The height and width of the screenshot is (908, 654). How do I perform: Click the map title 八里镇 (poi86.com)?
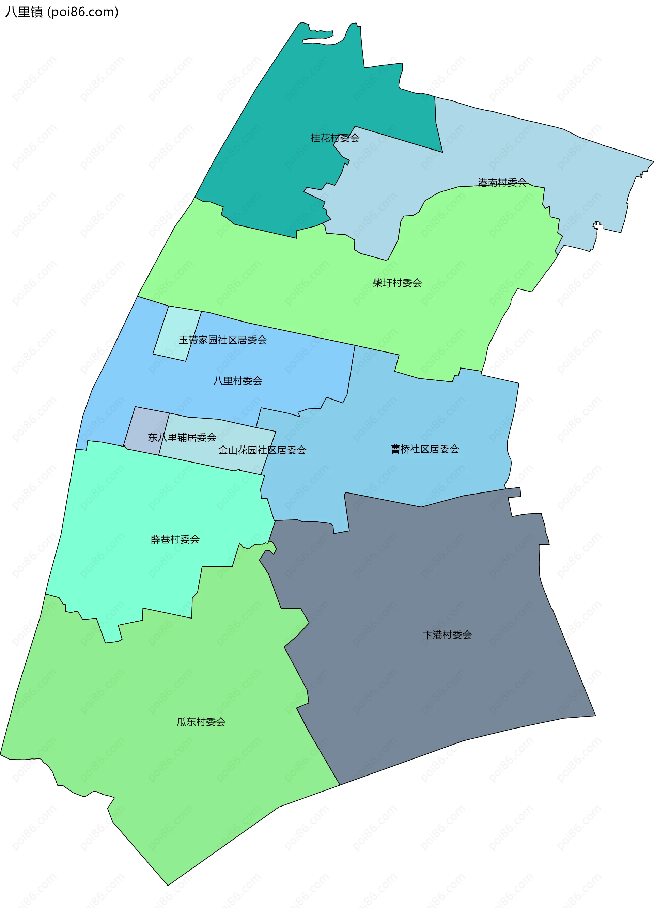click(62, 12)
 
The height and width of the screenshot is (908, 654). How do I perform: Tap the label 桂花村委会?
click(335, 138)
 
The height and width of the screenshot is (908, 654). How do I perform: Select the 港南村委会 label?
click(502, 183)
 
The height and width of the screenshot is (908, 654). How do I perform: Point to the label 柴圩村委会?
click(397, 283)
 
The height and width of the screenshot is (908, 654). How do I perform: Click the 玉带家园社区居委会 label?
click(222, 340)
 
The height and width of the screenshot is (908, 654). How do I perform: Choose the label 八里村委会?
click(237, 381)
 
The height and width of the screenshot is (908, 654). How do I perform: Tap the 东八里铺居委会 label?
click(182, 438)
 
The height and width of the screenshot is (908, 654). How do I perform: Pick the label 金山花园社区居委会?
click(262, 450)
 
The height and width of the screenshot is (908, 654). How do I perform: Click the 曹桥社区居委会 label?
click(424, 449)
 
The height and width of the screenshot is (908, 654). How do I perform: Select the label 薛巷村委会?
click(175, 539)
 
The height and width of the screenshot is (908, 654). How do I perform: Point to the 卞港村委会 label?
click(447, 635)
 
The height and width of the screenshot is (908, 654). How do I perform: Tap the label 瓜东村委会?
click(201, 722)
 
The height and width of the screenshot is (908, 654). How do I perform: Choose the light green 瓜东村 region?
click(160, 781)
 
